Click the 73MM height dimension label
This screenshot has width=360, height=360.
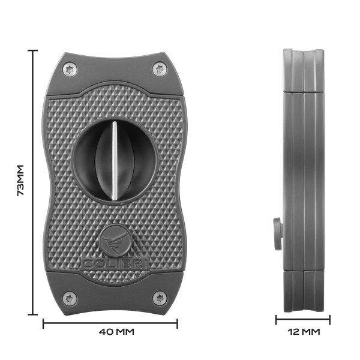20,180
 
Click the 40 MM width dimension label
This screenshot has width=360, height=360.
116,332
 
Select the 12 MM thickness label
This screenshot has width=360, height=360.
304,332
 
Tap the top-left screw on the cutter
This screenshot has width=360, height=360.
70,69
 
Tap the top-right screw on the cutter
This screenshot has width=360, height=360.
160,68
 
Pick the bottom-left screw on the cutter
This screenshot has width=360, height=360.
70,298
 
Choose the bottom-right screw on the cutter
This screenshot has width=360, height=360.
160,298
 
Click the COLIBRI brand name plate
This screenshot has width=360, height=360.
115,263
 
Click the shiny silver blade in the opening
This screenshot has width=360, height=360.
115,160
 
